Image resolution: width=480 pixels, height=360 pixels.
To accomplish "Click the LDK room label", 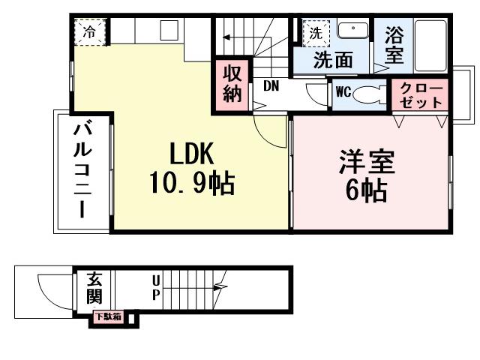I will [192, 154].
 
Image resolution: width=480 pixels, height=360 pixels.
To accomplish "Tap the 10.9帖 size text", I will [192, 182].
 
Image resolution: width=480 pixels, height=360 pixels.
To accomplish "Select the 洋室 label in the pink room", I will [367, 163].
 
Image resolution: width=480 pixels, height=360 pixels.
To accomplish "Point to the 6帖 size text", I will [367, 191].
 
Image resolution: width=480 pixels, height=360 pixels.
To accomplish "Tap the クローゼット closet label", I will [421, 95].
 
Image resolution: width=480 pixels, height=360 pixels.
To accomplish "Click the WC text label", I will [343, 92].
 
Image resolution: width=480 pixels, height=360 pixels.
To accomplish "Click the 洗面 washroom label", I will [334, 59].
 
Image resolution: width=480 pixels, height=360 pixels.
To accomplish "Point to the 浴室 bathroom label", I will [394, 45].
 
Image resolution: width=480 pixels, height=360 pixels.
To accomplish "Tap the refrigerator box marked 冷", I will [90, 31].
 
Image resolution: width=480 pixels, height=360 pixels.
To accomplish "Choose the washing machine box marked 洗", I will [316, 32].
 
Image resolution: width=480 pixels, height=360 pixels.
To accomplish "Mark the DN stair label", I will [271, 85].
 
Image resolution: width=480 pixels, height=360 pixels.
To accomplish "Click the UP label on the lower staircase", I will [156, 287].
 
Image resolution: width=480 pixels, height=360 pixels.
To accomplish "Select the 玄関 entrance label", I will [94, 286].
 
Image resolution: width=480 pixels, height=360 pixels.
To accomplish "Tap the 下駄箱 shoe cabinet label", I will [107, 317].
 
